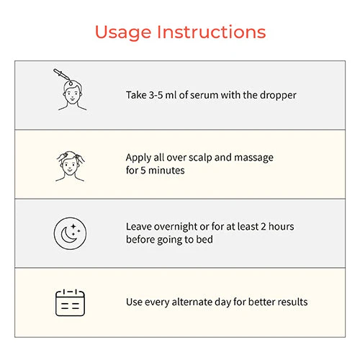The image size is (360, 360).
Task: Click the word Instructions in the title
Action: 212,32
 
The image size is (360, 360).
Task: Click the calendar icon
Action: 70,303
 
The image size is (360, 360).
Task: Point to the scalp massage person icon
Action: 70,166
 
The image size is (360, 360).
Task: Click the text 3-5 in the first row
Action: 156,95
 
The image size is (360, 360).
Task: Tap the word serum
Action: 204,95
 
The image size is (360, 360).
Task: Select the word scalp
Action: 200,158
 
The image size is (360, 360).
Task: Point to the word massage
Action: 253,158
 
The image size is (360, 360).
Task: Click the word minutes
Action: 166,171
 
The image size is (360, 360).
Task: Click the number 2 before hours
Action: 264,227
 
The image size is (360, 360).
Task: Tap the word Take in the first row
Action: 136,95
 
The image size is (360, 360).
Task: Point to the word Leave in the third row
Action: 138,227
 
